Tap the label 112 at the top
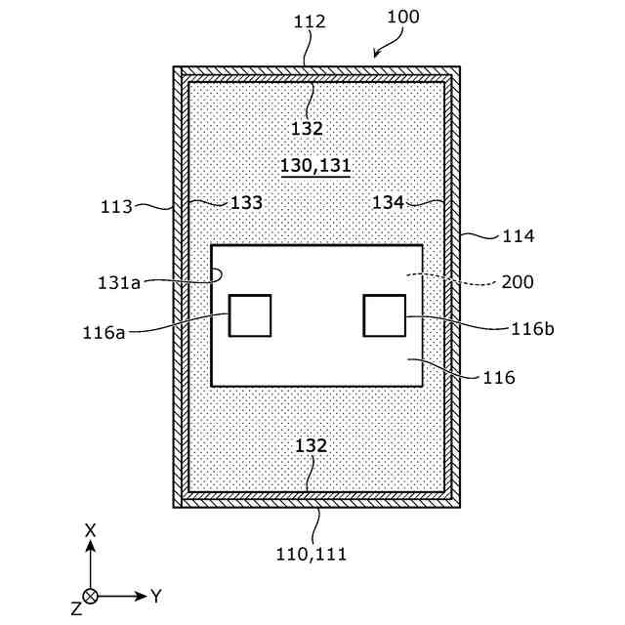(x=309, y=21)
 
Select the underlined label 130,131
(x=315, y=166)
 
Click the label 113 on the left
(x=117, y=207)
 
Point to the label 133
(x=246, y=203)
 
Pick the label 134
(x=389, y=202)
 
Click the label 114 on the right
(x=518, y=235)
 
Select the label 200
(x=518, y=282)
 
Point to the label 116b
(x=532, y=328)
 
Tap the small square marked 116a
(x=250, y=315)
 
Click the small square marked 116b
(x=384, y=315)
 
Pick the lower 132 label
(x=311, y=445)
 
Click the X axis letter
(x=90, y=530)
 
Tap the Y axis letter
(x=156, y=595)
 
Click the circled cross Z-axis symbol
(x=91, y=595)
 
